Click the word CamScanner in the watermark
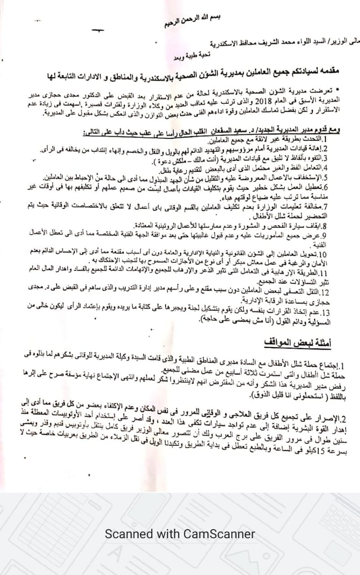219,534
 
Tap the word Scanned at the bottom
128,534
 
